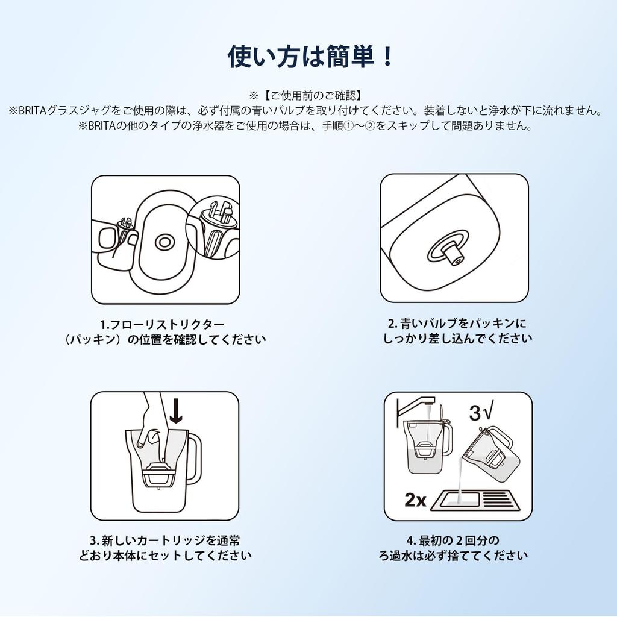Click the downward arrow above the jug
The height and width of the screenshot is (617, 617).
tap(176, 411)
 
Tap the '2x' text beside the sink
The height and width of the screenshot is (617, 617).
tap(415, 500)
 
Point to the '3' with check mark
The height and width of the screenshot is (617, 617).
tap(480, 413)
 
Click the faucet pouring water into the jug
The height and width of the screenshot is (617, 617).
tap(415, 405)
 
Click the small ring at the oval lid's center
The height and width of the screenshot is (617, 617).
tap(164, 242)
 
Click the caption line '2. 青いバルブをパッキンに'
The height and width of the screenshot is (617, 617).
tap(457, 324)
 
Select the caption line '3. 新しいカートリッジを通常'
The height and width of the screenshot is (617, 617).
tap(165, 540)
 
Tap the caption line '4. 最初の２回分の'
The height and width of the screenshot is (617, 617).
tap(453, 540)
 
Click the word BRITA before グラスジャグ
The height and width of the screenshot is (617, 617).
tap(33, 111)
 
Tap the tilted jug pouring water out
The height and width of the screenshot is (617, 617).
tap(490, 453)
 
